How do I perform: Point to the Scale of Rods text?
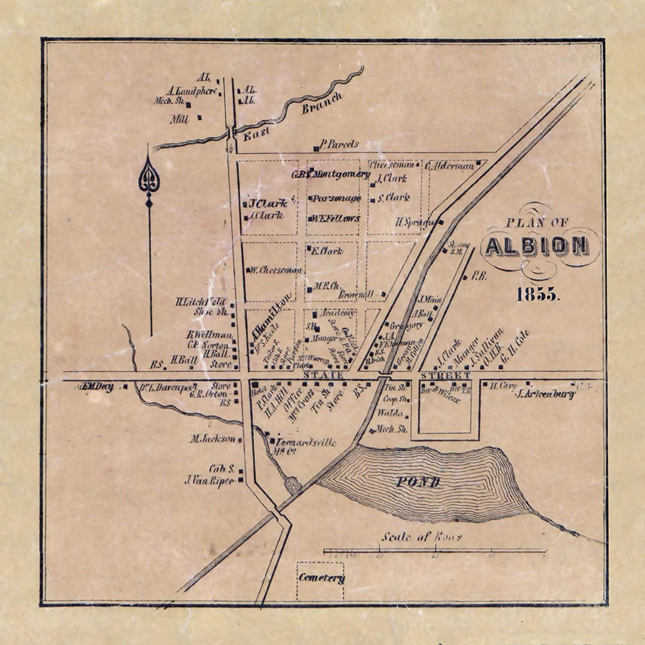click(422, 536)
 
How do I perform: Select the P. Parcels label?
click(339, 144)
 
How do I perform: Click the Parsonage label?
click(337, 198)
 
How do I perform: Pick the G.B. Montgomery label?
click(331, 174)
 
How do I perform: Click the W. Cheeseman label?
click(275, 269)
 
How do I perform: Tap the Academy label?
click(337, 313)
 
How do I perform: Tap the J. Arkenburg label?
click(545, 394)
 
